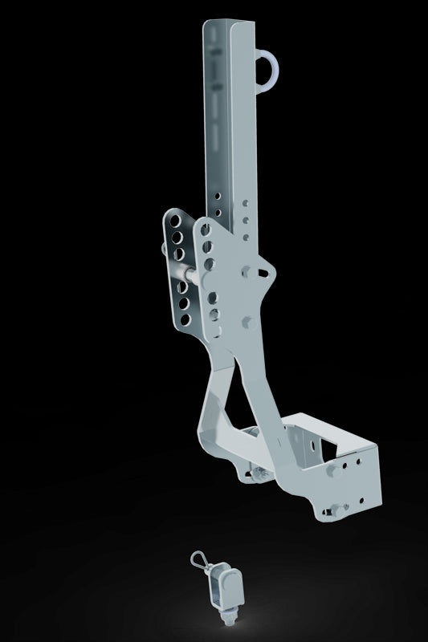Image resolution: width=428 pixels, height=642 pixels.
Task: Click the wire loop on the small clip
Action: coord(198,560)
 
